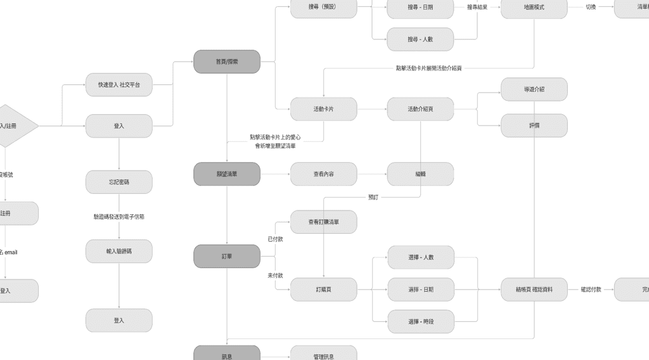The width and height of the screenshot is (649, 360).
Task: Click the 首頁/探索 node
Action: [x=226, y=61]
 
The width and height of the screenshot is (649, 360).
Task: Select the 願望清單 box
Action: [x=226, y=174]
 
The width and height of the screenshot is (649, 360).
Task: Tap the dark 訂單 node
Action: [x=226, y=256]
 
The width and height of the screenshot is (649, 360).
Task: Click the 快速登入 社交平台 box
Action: [x=119, y=84]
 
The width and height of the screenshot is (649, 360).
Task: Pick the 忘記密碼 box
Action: [x=119, y=182]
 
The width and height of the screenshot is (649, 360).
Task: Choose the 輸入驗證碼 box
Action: [x=119, y=251]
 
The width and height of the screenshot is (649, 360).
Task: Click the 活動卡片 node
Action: [x=323, y=109]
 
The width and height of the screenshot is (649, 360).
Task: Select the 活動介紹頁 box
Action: [x=420, y=109]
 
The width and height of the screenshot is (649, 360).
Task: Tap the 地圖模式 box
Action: [x=534, y=8]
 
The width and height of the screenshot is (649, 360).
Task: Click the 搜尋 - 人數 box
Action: [x=420, y=39]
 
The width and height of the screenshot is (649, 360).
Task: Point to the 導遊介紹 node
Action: [x=534, y=89]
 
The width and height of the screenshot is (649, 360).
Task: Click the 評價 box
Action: [x=534, y=125]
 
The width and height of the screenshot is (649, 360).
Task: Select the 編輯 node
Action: [x=420, y=174]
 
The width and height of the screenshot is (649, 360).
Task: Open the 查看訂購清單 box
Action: [x=323, y=222]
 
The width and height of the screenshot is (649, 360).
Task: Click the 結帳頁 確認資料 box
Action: [x=534, y=289]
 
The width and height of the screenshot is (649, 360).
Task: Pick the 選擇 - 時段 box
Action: [x=420, y=321]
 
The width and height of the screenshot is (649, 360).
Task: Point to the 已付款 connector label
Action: [x=275, y=239]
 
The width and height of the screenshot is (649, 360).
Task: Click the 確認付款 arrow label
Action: [x=591, y=289]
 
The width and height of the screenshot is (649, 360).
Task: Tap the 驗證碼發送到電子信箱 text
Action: [x=119, y=217]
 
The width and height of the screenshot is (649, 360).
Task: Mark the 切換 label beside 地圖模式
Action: [x=591, y=8]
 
